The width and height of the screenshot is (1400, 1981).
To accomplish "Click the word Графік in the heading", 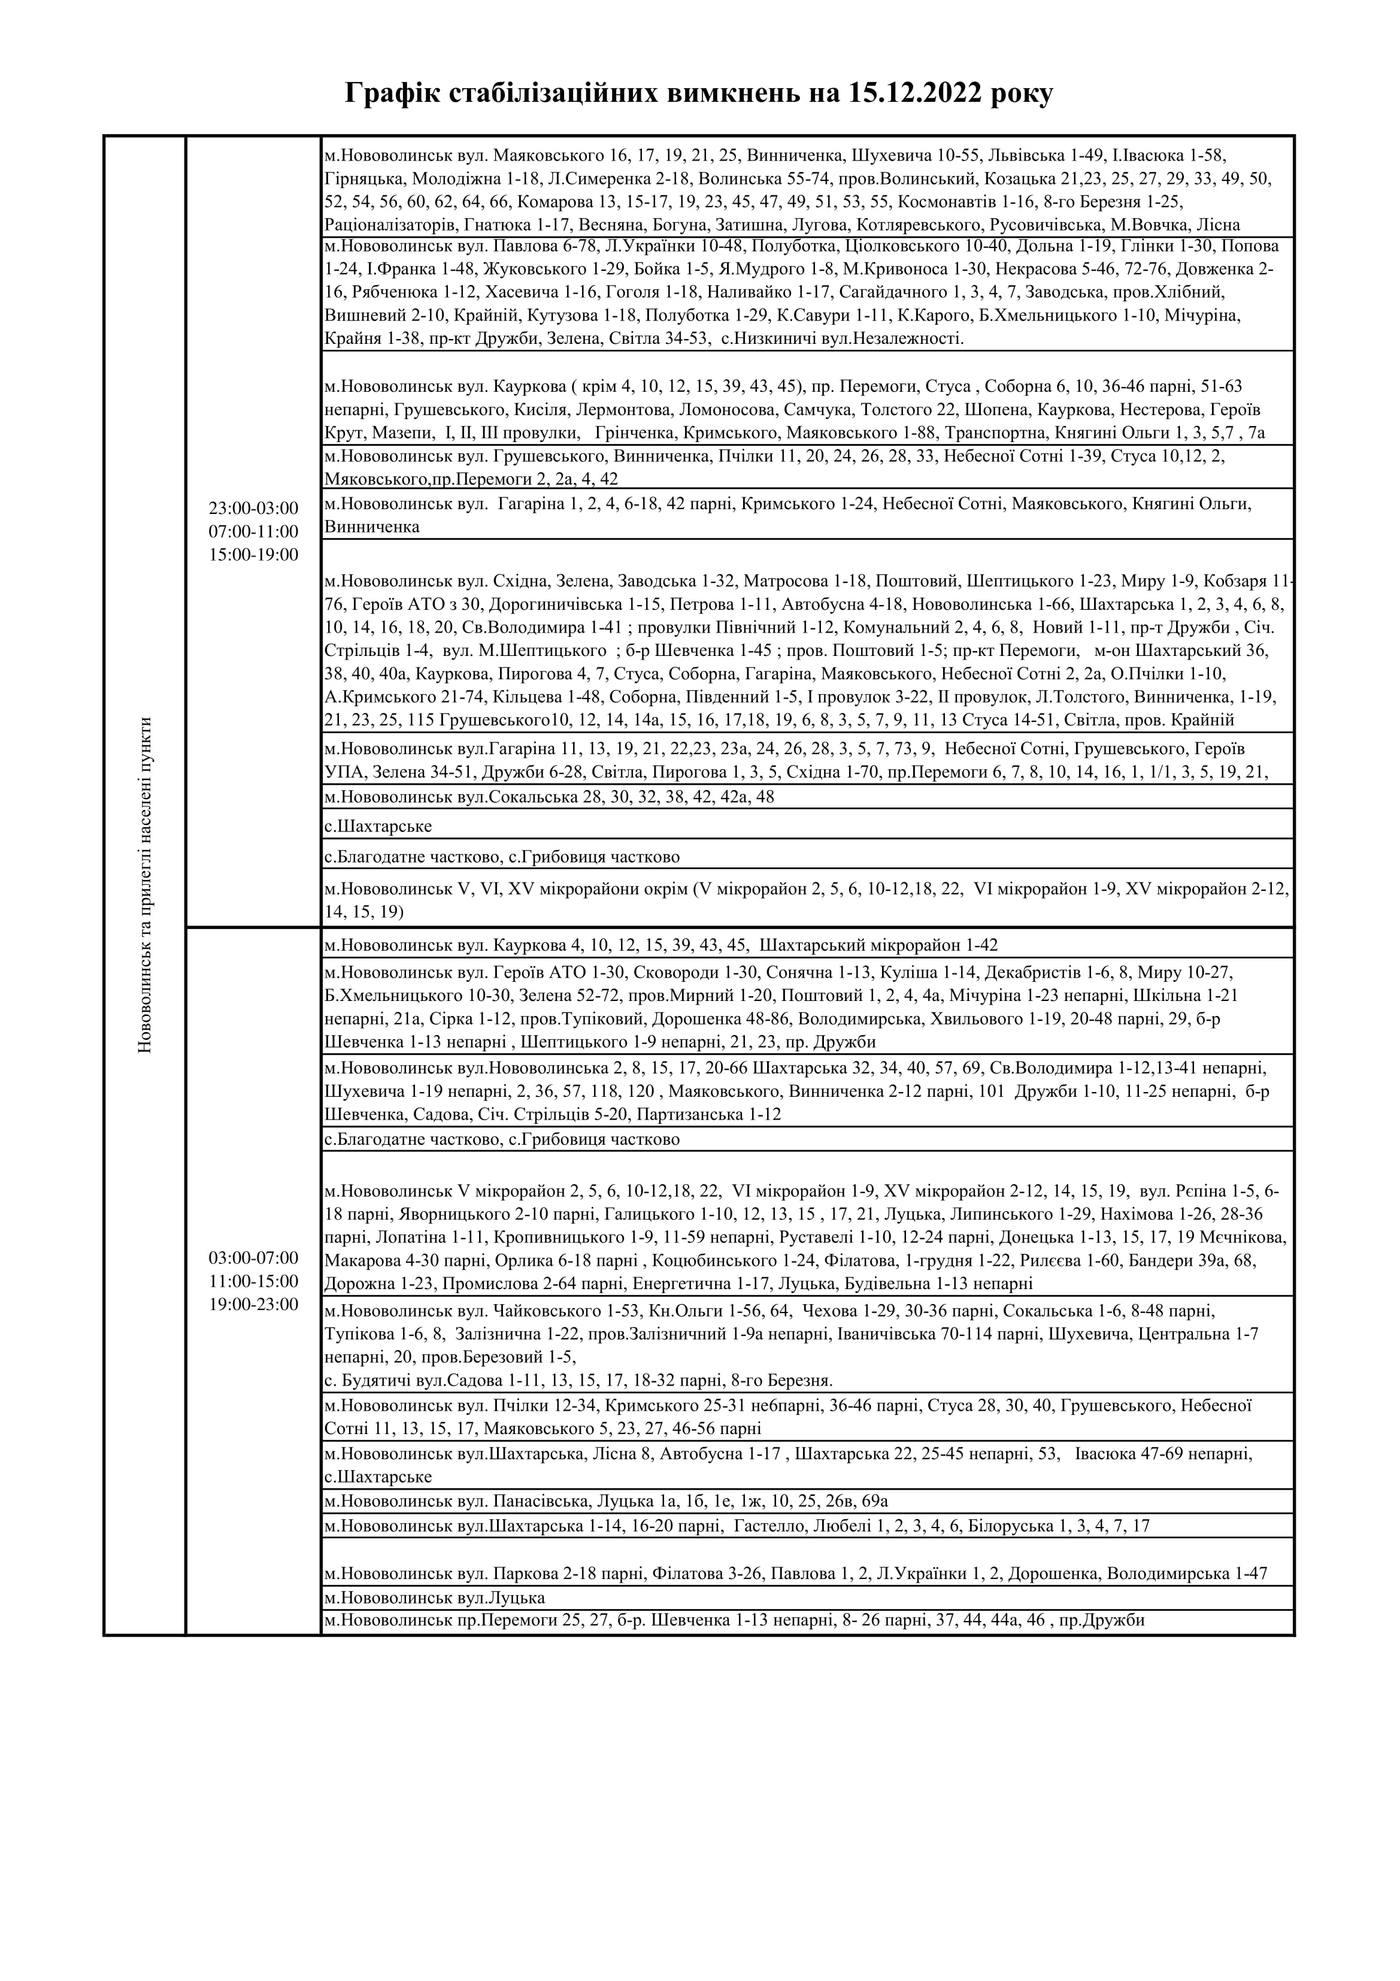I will click(391, 93).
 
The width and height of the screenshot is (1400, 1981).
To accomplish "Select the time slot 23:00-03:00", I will click(253, 508).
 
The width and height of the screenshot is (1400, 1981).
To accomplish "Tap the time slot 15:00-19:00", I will click(253, 555).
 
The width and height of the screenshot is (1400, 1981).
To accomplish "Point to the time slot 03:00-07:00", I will click(253, 1257).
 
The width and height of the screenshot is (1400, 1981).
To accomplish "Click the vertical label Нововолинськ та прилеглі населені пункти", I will click(144, 884).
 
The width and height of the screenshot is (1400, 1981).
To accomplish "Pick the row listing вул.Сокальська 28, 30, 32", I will click(550, 796).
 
